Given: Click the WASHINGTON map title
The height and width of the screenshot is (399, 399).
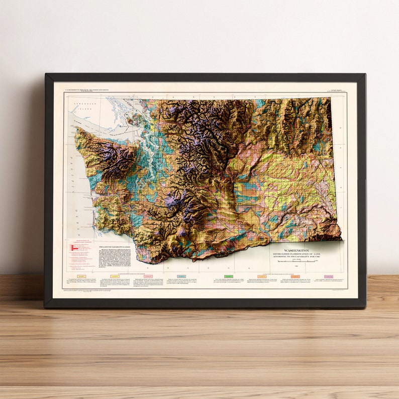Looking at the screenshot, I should pyautogui.click(x=296, y=250).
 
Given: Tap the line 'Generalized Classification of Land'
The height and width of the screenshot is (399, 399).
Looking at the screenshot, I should pyautogui.click(x=296, y=254).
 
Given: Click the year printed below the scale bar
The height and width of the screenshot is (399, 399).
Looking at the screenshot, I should pyautogui.click(x=296, y=267).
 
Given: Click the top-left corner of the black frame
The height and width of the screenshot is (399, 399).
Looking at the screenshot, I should pyautogui.click(x=46, y=75).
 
